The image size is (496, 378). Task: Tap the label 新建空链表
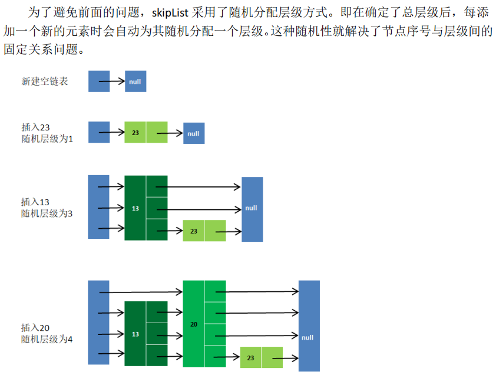pyautogui.click(x=44, y=81)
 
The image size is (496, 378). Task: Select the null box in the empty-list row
pyautogui.click(x=135, y=81)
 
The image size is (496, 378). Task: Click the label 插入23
pyautogui.click(x=35, y=127)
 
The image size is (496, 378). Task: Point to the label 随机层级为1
pyautogui.click(x=47, y=139)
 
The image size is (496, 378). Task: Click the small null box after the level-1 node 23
pyautogui.click(x=194, y=133)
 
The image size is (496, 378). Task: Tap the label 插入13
pyautogui.click(x=35, y=202)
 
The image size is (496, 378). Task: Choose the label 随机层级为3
pyautogui.click(x=47, y=213)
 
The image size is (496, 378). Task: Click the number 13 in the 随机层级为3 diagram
pyautogui.click(x=135, y=208)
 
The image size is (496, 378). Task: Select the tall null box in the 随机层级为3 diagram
pyautogui.click(x=252, y=208)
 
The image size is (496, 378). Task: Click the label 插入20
pyautogui.click(x=35, y=328)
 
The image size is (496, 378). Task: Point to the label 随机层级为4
pyautogui.click(x=47, y=339)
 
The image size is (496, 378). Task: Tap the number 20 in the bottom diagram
pyautogui.click(x=194, y=324)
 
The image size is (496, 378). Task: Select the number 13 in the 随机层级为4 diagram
pyautogui.click(x=135, y=334)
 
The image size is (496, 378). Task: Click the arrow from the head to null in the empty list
pyautogui.click(x=112, y=81)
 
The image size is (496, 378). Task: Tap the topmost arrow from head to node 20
pyautogui.click(x=141, y=291)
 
